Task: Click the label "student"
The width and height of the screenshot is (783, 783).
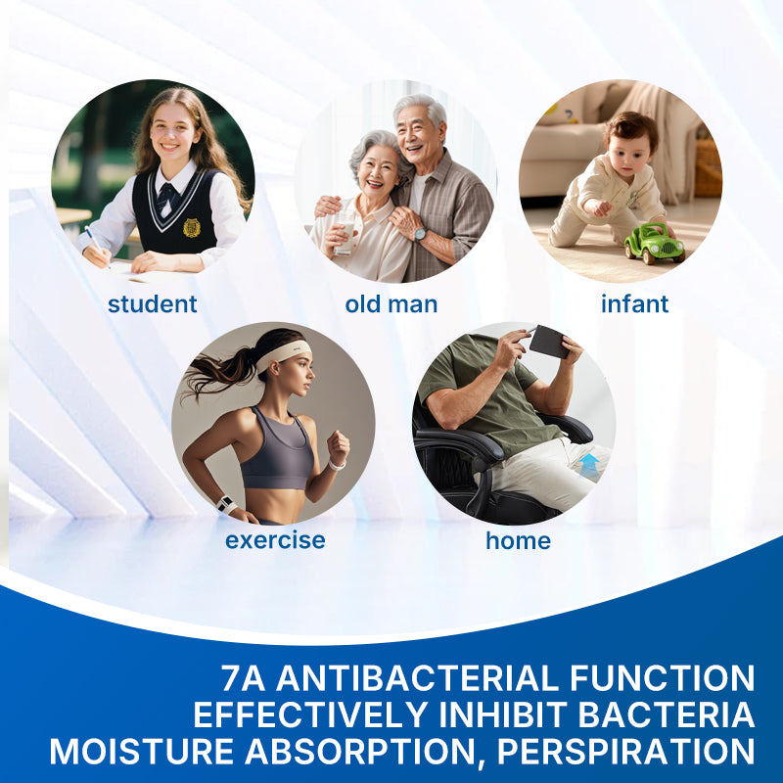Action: [153, 304]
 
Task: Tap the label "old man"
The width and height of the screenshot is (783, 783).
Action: [391, 304]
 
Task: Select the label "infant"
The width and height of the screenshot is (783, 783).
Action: [634, 303]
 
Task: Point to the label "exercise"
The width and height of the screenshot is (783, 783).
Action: [275, 540]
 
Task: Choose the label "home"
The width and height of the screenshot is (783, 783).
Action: [519, 540]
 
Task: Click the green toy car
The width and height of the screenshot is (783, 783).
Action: [654, 243]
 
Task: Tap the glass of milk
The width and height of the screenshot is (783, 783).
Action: [345, 233]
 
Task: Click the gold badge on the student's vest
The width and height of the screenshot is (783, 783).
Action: [192, 227]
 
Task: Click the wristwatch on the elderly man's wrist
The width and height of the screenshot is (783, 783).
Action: [420, 234]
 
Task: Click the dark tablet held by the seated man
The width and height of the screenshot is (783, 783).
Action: [549, 342]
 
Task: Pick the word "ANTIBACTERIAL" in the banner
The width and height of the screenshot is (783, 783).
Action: [418, 677]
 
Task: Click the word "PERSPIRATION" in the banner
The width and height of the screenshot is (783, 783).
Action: [625, 751]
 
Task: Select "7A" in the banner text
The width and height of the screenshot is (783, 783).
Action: [243, 677]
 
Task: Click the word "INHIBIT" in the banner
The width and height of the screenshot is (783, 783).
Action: [503, 714]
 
